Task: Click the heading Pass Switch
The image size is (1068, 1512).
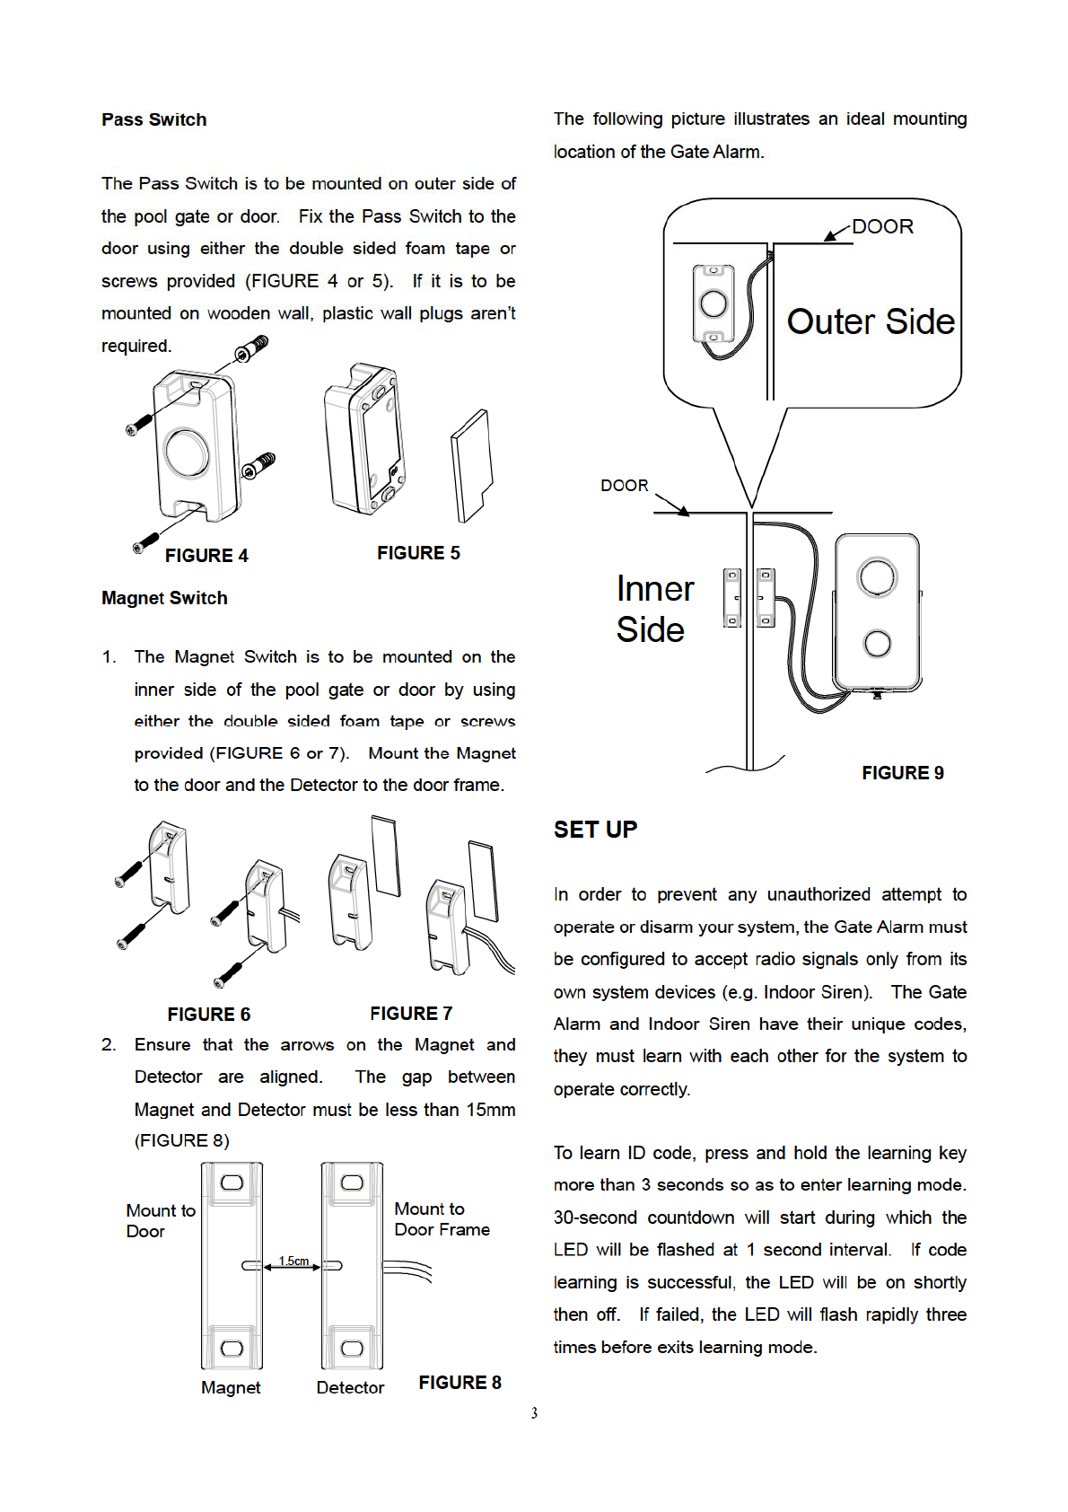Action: [x=153, y=119]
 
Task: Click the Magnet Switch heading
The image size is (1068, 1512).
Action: [x=164, y=598]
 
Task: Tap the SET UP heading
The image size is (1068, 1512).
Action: [x=595, y=830]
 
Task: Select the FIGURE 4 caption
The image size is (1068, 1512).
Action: [x=206, y=556]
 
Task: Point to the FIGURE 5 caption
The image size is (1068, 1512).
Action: [x=418, y=553]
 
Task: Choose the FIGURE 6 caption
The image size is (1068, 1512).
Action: [x=208, y=1015]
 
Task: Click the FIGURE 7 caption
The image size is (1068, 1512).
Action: [x=411, y=1014]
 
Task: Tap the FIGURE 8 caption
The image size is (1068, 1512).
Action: [x=460, y=1383]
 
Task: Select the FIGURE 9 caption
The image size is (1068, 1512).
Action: [x=902, y=773]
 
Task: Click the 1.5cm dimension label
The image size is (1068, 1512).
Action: [x=293, y=1261]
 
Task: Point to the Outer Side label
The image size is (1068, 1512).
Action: [x=871, y=321]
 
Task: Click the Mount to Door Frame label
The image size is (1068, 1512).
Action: [x=442, y=1219]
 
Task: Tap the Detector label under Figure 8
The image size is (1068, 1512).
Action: [x=350, y=1387]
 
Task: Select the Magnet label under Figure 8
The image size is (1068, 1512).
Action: [x=231, y=1387]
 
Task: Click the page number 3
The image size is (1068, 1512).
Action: [x=534, y=1413]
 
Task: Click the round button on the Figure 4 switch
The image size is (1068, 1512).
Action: [x=187, y=453]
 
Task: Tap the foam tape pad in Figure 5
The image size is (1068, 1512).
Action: [x=472, y=465]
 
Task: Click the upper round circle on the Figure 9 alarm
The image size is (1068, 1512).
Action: [x=877, y=576]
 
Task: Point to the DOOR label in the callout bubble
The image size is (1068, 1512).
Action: [x=882, y=226]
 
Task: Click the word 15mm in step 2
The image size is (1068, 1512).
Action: [x=490, y=1110]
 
